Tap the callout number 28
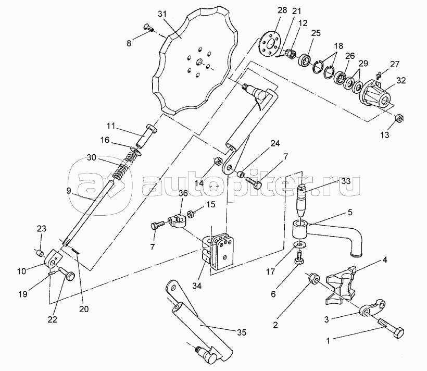click(282, 10)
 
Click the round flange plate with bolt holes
click(269, 45)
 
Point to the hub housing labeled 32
click(376, 93)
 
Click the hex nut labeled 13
click(399, 118)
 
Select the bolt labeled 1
click(391, 328)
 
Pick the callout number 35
click(242, 332)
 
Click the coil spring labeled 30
click(127, 166)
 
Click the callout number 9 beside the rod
click(69, 191)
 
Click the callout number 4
click(384, 259)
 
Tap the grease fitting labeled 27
click(379, 74)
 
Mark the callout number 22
click(52, 319)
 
